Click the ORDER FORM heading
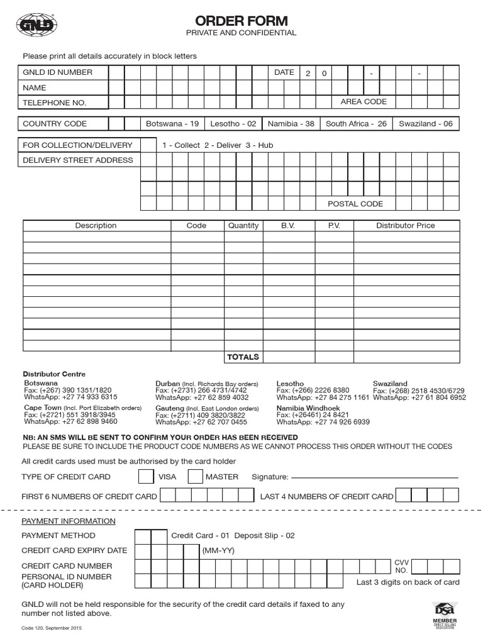pyautogui.click(x=241, y=21)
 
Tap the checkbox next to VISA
pyautogui.click(x=146, y=477)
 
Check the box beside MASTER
pyautogui.click(x=196, y=477)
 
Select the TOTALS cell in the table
pyautogui.click(x=243, y=357)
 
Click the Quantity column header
pyautogui.click(x=243, y=226)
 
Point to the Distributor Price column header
pyautogui.click(x=405, y=226)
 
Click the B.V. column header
pyautogui.click(x=288, y=226)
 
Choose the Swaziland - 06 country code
pyautogui.click(x=426, y=124)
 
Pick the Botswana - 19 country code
pyautogui.click(x=172, y=124)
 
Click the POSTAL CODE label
pyautogui.click(x=355, y=204)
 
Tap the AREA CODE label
pyautogui.click(x=364, y=102)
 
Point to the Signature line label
pyautogui.click(x=270, y=477)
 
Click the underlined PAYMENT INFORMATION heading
pyautogui.click(x=69, y=521)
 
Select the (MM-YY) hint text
pyautogui.click(x=218, y=550)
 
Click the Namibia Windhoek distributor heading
pyautogui.click(x=308, y=408)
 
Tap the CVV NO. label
pyautogui.click(x=401, y=566)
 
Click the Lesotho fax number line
pyautogui.click(x=313, y=391)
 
